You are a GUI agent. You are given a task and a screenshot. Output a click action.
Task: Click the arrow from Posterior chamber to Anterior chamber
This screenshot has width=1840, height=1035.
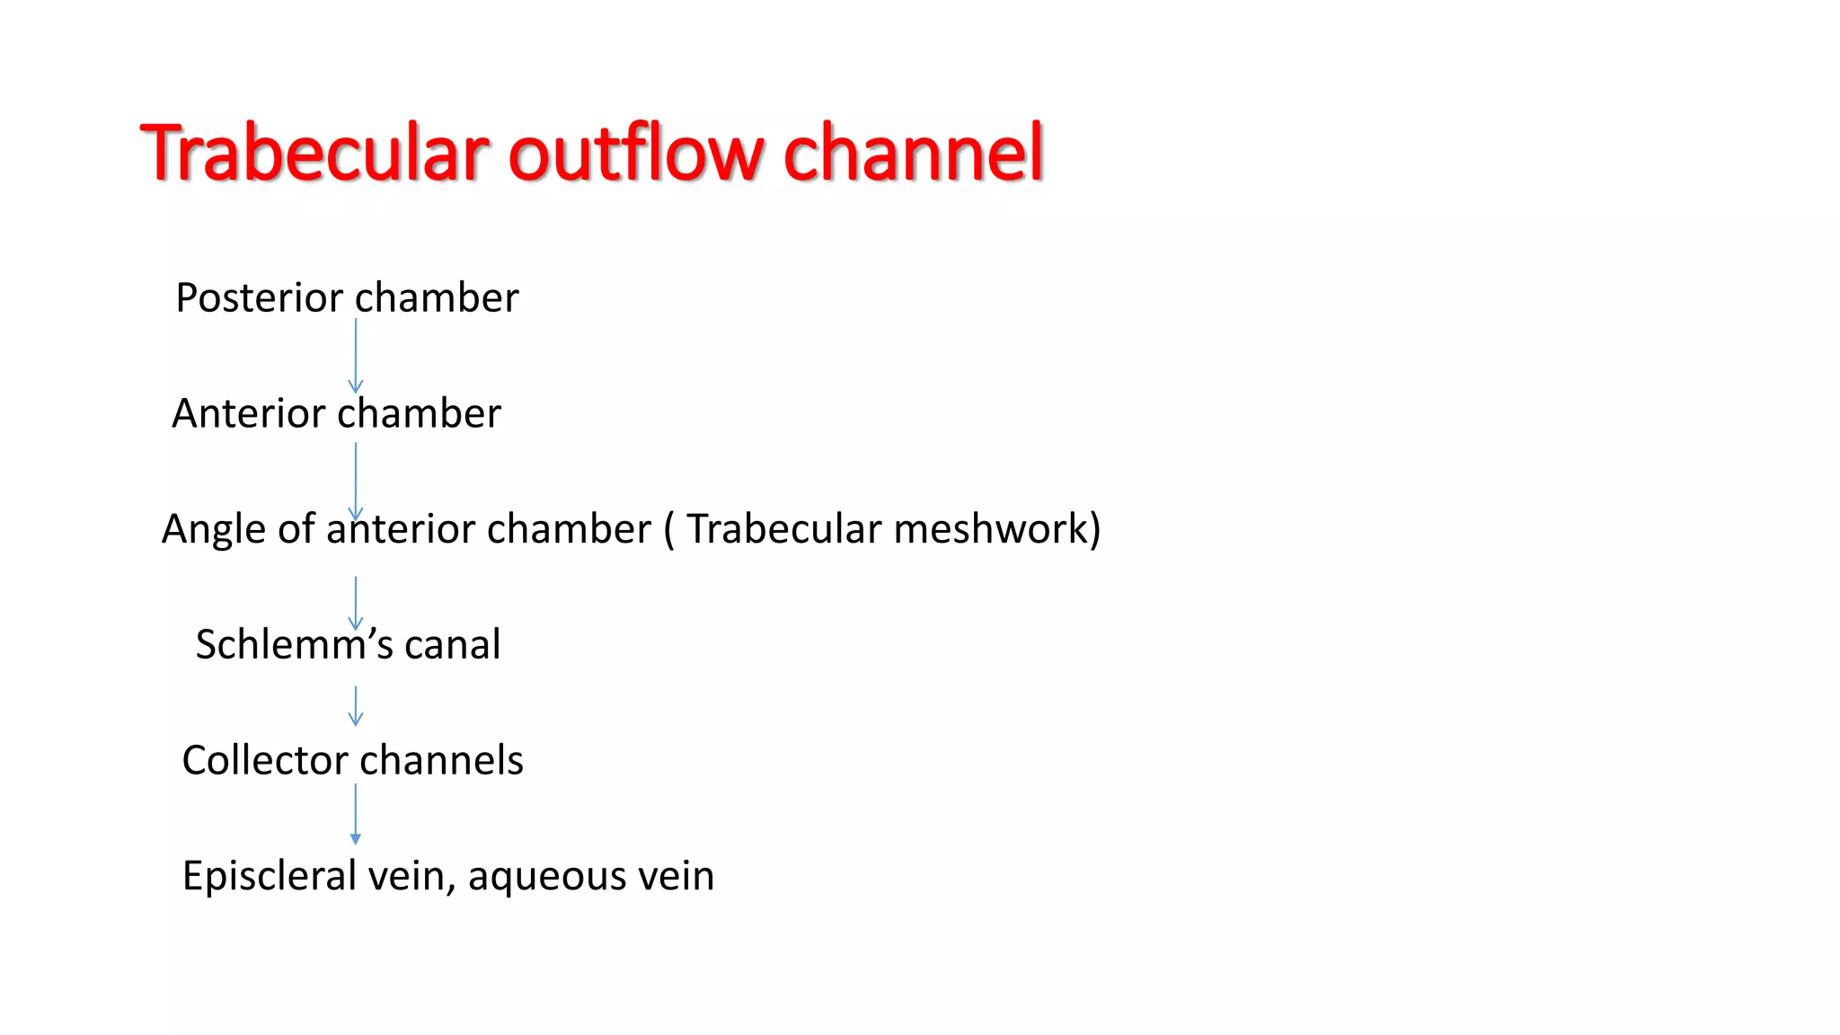[356, 356]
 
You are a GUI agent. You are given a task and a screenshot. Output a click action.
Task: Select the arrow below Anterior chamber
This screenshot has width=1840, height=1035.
[356, 480]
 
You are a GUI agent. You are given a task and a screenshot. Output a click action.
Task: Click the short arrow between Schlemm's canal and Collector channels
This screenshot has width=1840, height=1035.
[356, 706]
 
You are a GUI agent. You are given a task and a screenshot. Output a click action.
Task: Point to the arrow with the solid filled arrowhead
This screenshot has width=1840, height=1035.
[356, 814]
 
